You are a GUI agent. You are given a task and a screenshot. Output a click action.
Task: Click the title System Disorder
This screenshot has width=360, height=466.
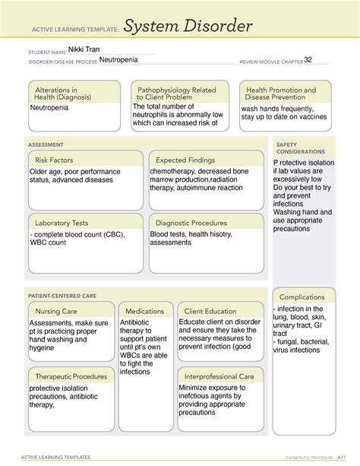point(188,28)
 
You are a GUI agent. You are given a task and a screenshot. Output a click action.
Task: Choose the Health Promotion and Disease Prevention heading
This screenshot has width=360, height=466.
point(279,94)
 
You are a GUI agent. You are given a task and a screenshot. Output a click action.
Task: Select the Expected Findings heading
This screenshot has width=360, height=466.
point(186,160)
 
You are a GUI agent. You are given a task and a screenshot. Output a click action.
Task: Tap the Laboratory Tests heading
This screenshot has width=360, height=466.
point(62,223)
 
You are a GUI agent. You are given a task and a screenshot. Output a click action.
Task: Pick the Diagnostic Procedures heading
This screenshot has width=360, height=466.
point(191,223)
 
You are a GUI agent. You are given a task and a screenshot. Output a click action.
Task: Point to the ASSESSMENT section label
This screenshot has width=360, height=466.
point(46,144)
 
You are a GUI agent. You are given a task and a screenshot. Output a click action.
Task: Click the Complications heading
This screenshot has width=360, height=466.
point(302,296)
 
